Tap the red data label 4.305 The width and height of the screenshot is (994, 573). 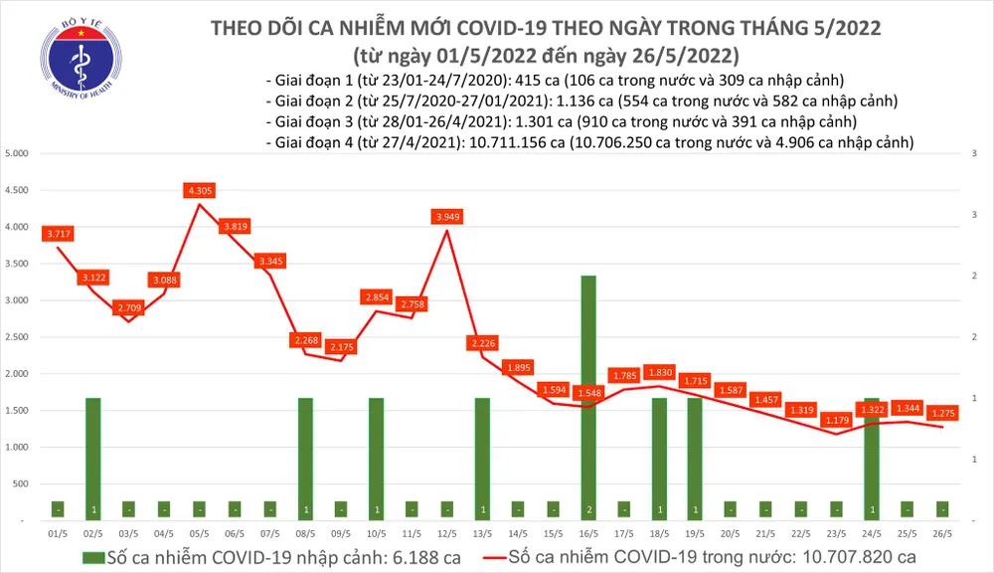tap(199, 190)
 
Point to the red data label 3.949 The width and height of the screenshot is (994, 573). tap(447, 216)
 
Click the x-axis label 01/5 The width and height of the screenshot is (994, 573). tap(56, 533)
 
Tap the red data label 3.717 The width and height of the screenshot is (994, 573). tap(58, 234)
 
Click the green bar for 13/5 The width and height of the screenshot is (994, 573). tap(482, 458)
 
